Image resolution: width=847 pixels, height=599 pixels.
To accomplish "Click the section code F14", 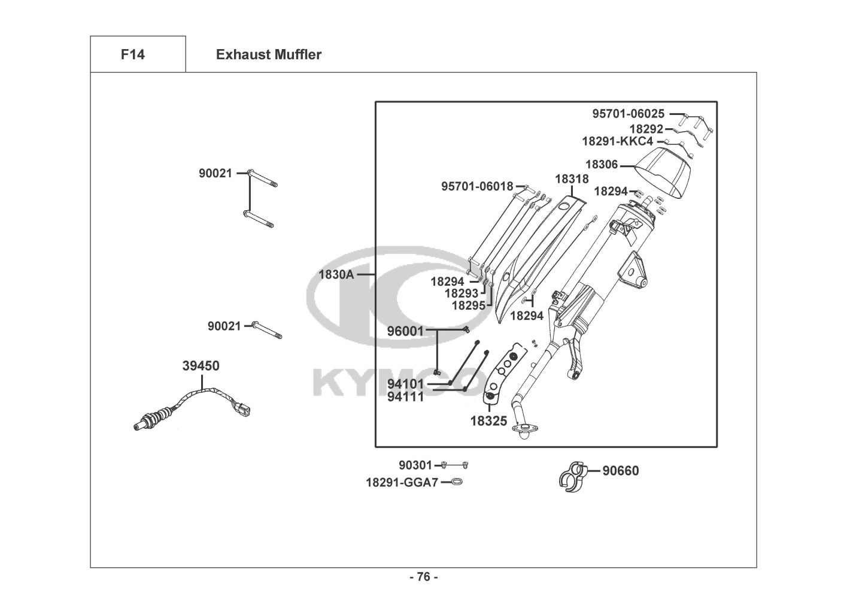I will click(x=132, y=55).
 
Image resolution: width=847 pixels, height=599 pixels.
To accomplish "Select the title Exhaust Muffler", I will click(x=268, y=55).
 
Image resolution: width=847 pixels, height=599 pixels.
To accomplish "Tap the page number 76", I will click(x=423, y=577).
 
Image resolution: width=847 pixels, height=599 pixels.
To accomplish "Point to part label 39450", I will click(x=201, y=366).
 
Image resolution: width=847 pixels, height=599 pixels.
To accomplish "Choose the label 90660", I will click(x=620, y=471).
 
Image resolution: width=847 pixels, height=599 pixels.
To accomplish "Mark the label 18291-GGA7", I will click(x=402, y=482).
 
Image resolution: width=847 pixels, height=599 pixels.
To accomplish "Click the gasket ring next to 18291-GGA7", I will click(x=456, y=482).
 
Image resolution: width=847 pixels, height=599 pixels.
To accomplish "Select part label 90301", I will click(x=415, y=465).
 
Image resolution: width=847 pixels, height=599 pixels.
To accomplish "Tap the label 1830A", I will click(x=336, y=275).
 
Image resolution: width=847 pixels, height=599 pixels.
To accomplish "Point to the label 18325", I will click(x=488, y=421).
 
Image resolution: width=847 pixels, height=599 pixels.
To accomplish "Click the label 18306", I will click(x=602, y=164).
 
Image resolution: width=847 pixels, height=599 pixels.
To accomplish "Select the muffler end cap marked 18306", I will click(x=661, y=173).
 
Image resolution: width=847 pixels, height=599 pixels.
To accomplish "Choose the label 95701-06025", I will click(x=628, y=113).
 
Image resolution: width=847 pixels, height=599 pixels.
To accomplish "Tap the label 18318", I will click(x=572, y=179).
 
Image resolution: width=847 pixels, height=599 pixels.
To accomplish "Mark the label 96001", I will click(x=405, y=331).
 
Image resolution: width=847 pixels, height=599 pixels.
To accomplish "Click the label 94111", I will click(x=405, y=397).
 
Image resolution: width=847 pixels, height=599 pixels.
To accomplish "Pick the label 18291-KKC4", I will click(x=617, y=142).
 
